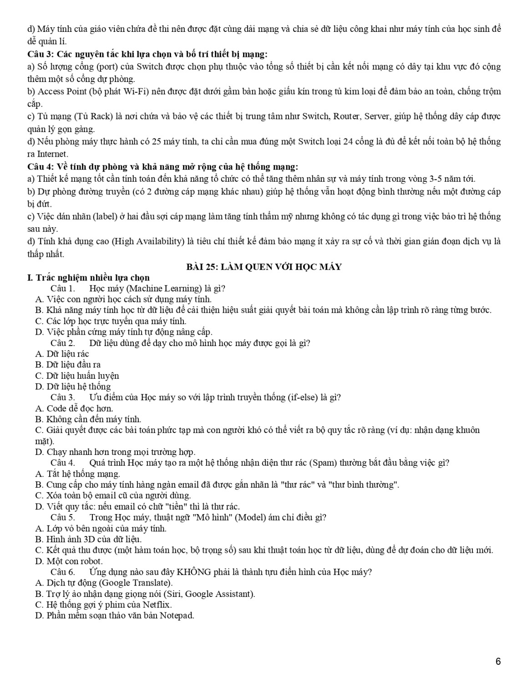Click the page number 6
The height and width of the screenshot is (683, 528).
click(498, 662)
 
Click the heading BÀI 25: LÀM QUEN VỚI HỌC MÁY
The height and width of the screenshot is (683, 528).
click(264, 267)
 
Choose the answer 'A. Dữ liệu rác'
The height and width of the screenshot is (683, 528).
click(62, 354)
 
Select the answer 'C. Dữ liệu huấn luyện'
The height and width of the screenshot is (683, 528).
click(77, 376)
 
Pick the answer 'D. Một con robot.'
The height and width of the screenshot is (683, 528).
click(69, 561)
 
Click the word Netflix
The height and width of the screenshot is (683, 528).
click(157, 605)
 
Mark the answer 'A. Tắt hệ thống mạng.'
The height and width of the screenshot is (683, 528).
click(77, 474)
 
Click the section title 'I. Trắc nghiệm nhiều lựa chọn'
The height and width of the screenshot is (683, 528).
click(89, 277)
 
